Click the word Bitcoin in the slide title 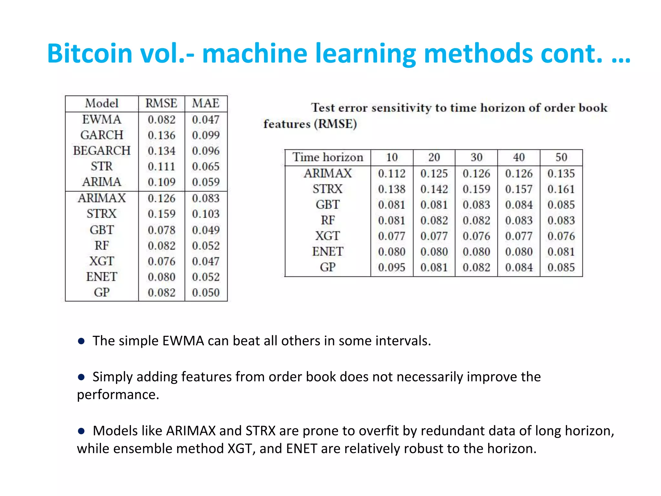(90, 53)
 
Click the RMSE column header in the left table (161, 103)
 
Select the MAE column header (206, 103)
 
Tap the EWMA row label (102, 119)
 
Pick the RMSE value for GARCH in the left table (161, 135)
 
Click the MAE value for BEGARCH (206, 151)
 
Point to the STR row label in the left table (102, 166)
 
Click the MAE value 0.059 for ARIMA (206, 182)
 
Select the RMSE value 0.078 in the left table (161, 230)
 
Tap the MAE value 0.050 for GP (206, 293)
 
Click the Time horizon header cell (328, 157)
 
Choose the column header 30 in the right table (476, 157)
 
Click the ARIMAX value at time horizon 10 (392, 174)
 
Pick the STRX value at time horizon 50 (561, 189)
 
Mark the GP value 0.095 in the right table (392, 268)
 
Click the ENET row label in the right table (328, 252)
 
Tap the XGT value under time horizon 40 (519, 236)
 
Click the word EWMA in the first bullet (183, 341)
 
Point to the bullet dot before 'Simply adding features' (81, 377)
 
